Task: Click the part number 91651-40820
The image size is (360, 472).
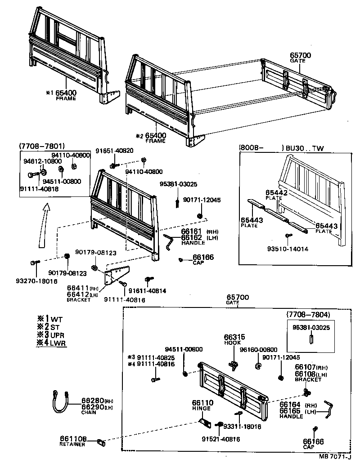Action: coord(116,150)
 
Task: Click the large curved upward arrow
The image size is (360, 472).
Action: coord(44,225)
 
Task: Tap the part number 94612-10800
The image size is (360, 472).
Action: coord(42,160)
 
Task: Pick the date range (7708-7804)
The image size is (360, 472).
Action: coord(309,314)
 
